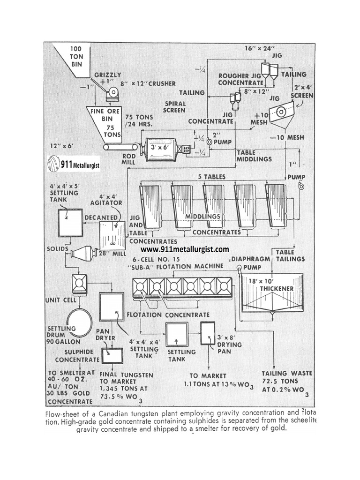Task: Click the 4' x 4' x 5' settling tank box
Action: coord(70,223)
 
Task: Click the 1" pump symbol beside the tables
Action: coord(301,187)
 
